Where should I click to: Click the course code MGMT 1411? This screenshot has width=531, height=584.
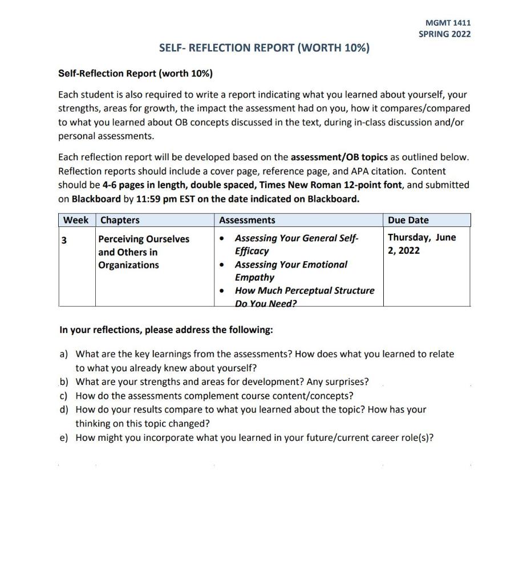[x=448, y=23]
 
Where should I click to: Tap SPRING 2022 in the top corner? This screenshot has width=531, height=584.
[x=444, y=34]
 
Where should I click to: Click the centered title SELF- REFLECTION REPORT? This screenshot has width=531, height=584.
[x=264, y=48]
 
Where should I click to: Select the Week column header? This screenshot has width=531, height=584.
[x=76, y=220]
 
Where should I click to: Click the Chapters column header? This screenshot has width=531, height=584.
[x=119, y=220]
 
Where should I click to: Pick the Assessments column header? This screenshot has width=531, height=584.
[x=247, y=220]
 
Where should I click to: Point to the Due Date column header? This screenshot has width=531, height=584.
[x=408, y=220]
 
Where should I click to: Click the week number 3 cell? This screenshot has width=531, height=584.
[x=64, y=240]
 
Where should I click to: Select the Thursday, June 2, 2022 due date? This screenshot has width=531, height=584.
[x=421, y=244]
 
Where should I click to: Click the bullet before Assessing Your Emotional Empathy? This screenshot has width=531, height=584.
[x=222, y=265]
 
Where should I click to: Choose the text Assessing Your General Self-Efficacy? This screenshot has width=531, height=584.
[x=296, y=244]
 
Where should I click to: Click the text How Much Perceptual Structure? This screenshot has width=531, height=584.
[x=305, y=290]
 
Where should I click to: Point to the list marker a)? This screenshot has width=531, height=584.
[x=64, y=354]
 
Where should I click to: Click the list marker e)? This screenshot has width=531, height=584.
[x=64, y=437]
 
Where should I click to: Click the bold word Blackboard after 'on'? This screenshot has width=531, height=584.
[x=96, y=199]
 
